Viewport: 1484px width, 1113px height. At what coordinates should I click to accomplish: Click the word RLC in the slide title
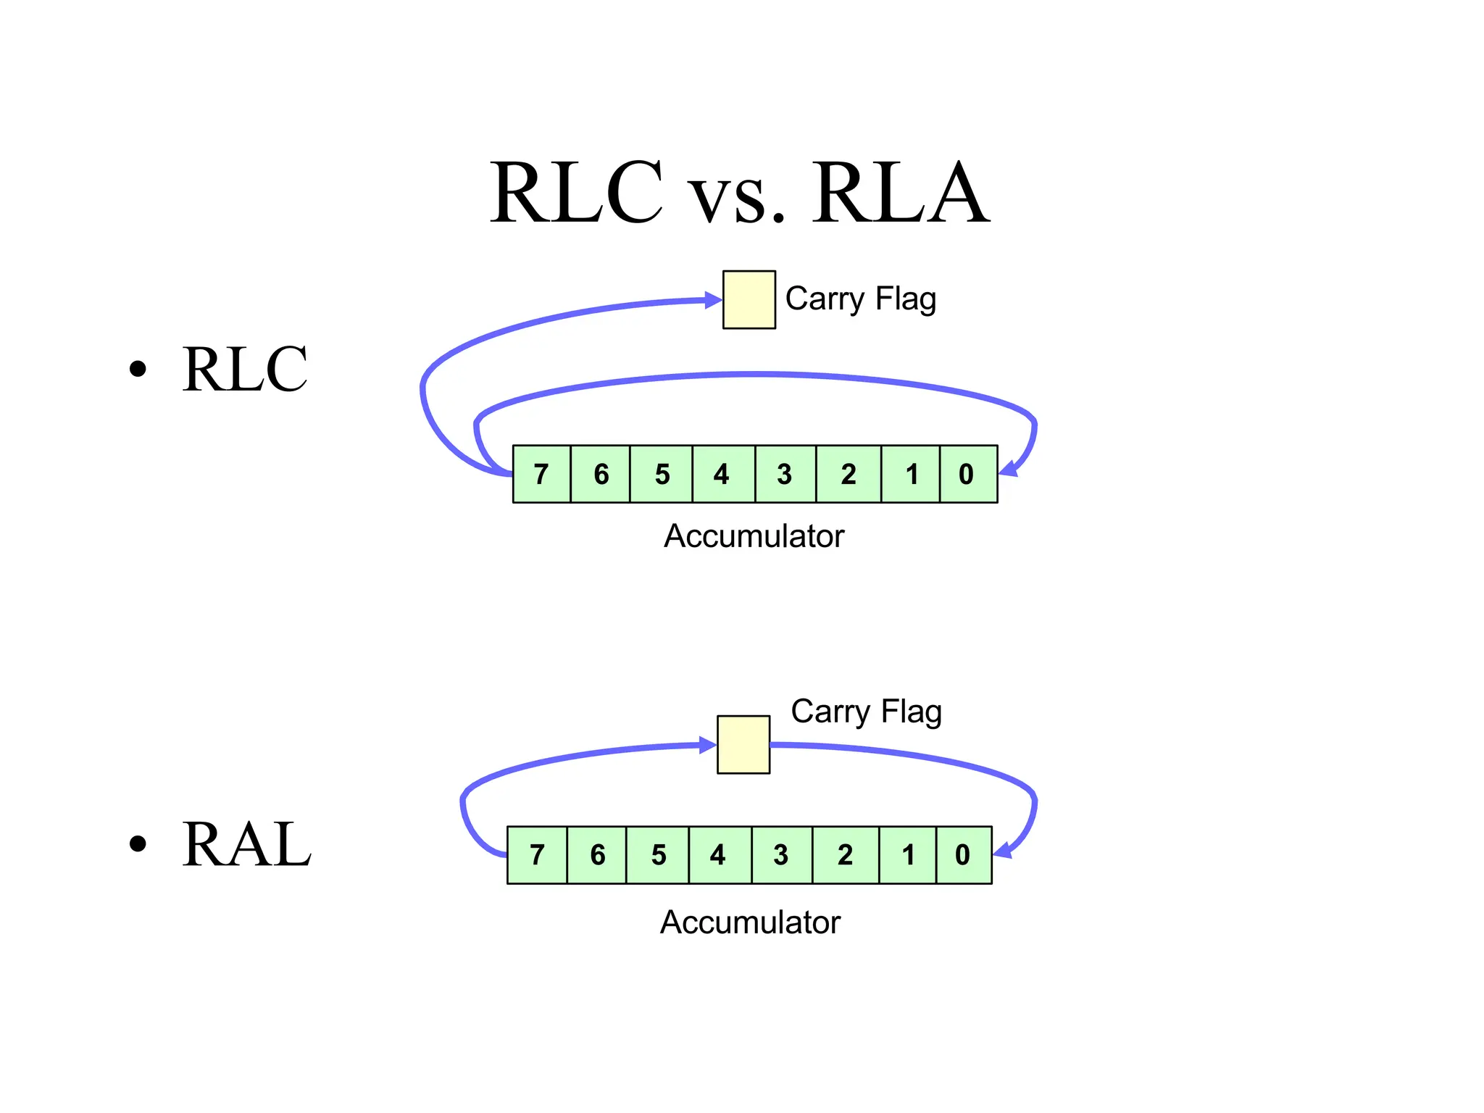pos(576,193)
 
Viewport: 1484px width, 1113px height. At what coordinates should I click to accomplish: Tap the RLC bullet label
pos(245,370)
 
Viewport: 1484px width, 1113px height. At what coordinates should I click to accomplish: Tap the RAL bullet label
pos(246,844)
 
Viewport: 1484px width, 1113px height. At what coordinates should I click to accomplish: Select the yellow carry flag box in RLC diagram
pos(749,300)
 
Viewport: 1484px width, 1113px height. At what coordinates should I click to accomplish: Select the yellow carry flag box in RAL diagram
pos(743,745)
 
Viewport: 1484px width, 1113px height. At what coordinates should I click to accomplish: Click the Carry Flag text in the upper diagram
pos(861,299)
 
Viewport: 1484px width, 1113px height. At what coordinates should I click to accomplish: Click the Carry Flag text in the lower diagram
pos(866,712)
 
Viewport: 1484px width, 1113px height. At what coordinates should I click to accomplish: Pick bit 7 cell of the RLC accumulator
pos(541,474)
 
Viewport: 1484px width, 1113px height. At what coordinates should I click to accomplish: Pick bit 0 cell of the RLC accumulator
pos(968,474)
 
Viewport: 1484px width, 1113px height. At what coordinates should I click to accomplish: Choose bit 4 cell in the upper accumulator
pos(723,474)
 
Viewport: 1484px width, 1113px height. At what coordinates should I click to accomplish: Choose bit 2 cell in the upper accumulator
pos(849,474)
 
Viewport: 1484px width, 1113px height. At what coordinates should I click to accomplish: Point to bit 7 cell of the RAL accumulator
pos(537,855)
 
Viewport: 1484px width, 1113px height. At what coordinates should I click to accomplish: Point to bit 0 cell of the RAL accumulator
pos(964,855)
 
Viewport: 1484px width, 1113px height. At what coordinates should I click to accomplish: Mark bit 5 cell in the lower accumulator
pos(657,855)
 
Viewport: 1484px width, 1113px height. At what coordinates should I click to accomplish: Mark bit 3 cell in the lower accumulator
pos(782,855)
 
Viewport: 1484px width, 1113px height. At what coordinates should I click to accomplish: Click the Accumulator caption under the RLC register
pos(754,537)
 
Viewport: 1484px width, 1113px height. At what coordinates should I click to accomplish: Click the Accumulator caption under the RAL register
pos(750,923)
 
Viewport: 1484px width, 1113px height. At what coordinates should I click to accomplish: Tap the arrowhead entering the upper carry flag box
pos(713,300)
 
